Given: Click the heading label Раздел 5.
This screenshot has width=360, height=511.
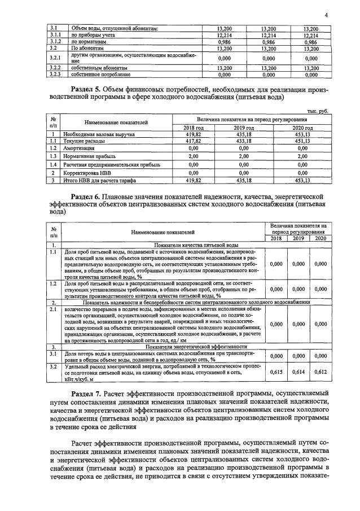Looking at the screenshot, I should click(90, 89).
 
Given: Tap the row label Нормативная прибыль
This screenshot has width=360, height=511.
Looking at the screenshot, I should click(89, 156).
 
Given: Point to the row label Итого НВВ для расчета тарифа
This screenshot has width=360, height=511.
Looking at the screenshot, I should click(98, 180).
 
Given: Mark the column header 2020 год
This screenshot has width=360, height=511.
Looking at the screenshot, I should click(302, 128).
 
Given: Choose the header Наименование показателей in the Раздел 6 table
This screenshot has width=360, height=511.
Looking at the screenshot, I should click(164, 232).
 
